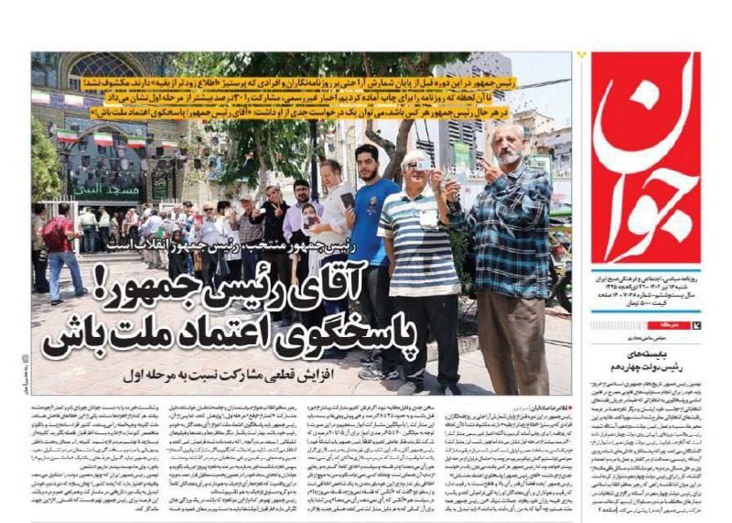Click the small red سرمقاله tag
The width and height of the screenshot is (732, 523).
click(662, 325)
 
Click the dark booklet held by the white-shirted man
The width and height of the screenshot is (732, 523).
click(347, 200)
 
